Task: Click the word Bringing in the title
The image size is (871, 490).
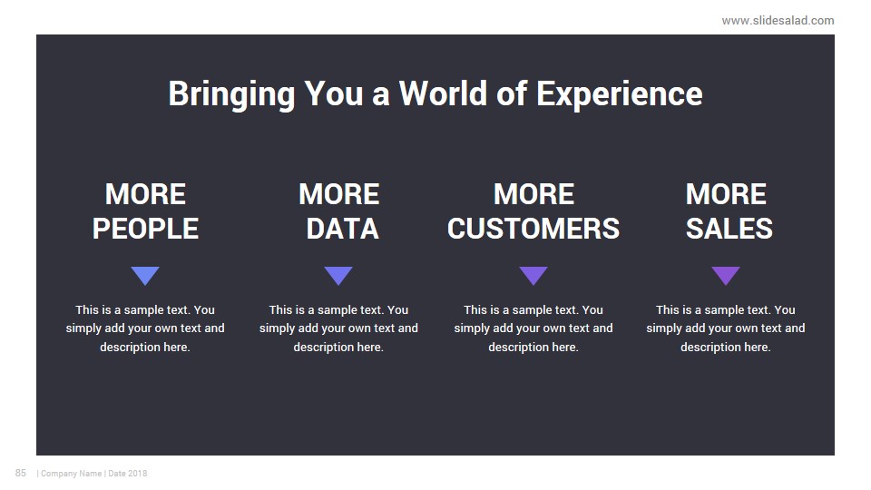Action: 231,94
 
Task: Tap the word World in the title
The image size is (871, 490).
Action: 443,93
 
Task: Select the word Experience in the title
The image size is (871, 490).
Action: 620,94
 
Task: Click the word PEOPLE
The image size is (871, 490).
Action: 145,229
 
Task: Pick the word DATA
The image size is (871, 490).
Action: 342,229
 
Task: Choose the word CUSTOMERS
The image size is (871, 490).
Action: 533,229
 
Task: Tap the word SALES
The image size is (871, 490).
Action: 729,229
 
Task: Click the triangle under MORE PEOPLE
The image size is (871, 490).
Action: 145,274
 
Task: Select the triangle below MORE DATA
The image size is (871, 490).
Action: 338,274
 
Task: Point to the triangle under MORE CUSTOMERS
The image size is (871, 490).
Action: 533,274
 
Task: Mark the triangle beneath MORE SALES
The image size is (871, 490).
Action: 726,274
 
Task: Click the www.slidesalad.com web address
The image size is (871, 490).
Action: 778,21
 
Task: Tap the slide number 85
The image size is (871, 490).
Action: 21,473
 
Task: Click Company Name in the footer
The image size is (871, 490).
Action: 71,474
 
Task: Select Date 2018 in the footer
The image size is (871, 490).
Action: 128,474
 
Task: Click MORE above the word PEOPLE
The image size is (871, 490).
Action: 145,194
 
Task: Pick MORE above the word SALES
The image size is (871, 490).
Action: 726,194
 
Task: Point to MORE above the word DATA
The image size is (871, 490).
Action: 338,194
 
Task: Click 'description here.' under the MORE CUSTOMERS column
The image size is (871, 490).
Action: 533,348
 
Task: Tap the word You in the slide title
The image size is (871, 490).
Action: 333,93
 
